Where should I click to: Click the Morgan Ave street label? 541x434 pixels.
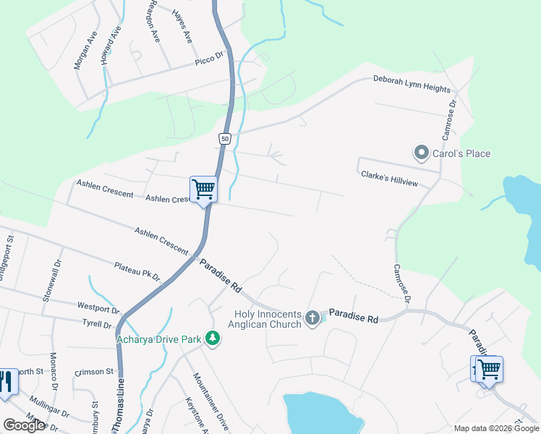[85, 51]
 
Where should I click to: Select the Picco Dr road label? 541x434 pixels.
[210, 60]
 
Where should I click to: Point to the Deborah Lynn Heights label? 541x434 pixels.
[412, 84]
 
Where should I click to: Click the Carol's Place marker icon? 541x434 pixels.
[421, 153]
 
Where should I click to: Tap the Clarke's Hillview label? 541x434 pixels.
[388, 178]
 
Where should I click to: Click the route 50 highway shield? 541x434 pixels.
[225, 138]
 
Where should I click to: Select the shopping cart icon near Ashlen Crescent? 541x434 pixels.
[204, 190]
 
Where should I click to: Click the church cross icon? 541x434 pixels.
[312, 317]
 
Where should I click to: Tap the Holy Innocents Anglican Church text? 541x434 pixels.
[267, 319]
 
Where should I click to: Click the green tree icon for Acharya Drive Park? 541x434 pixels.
[212, 338]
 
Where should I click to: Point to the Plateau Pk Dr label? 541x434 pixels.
[137, 271]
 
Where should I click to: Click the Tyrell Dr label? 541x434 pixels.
[95, 322]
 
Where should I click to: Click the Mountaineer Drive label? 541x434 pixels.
[210, 401]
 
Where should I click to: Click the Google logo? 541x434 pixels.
[24, 425]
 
